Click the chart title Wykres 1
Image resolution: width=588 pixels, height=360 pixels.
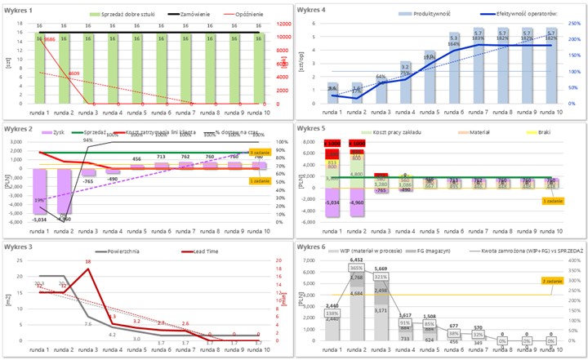coord(19,11)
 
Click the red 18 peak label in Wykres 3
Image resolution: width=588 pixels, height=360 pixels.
coord(87,262)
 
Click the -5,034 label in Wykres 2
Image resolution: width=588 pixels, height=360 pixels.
coord(38,220)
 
